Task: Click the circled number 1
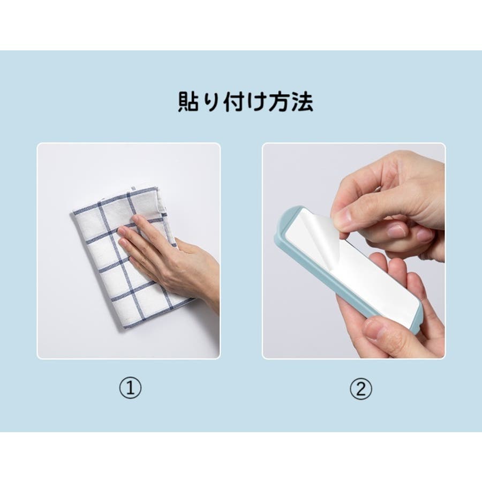pos(130,388)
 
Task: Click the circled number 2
pos(361,388)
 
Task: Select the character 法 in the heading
pos(302,101)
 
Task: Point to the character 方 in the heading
pos(280,101)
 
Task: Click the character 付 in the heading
pos(234,101)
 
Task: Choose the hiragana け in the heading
pos(257,101)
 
